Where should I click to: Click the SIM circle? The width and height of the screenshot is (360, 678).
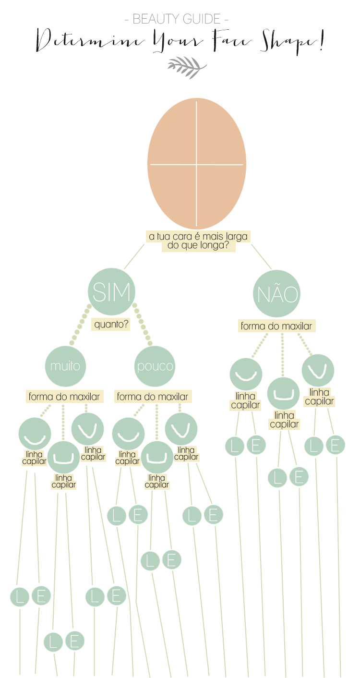[x=111, y=291]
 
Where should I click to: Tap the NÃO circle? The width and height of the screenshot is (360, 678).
[x=276, y=293]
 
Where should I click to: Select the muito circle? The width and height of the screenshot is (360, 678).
[x=65, y=366]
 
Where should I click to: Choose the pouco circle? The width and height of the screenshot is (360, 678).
[x=155, y=366]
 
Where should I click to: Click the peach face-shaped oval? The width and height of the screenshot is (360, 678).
[x=196, y=163]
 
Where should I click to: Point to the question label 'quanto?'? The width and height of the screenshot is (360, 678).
[x=111, y=325]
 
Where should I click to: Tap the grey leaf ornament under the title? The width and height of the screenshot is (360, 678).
[x=187, y=67]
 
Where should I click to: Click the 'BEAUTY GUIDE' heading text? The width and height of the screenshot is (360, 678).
[x=176, y=20]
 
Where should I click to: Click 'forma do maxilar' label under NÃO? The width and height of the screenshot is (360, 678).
[x=276, y=327]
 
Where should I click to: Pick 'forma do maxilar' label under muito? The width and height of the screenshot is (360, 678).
[x=64, y=397]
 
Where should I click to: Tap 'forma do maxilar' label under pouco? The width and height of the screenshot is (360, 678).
[x=153, y=397]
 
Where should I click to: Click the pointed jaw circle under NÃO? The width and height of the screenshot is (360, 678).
[x=318, y=370]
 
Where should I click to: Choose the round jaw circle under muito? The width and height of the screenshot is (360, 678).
[x=35, y=434]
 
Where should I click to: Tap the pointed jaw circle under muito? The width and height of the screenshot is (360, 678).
[x=87, y=428]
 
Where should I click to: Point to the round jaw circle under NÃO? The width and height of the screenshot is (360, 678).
[x=246, y=374]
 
